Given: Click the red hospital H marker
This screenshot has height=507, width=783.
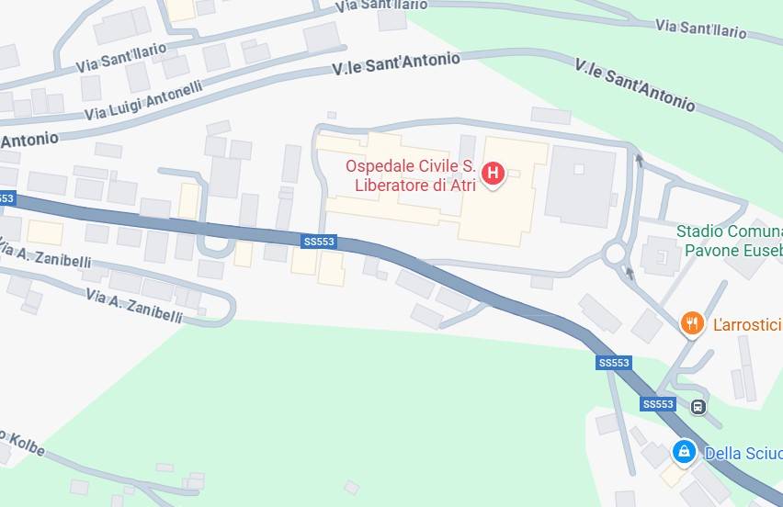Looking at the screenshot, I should coord(493,172).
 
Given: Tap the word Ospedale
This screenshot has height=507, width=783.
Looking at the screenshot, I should coord(376,166).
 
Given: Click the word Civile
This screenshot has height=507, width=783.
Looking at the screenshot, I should coord(435,166).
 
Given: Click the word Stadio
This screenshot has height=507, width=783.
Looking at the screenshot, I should coord(699,231).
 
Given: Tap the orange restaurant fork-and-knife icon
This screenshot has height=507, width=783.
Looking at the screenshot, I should coord(691,322).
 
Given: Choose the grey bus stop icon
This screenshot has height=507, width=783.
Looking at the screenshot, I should coord(698,406).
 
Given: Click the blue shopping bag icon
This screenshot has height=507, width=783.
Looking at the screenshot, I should coord(683,452).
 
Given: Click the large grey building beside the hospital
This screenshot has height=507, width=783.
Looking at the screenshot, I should coord(580,186).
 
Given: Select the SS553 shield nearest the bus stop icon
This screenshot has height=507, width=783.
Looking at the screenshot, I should coord(658,404).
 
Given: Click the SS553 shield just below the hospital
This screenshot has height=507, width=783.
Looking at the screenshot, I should coord(319,242).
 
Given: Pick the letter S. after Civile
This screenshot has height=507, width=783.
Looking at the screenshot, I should coord(468,166).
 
